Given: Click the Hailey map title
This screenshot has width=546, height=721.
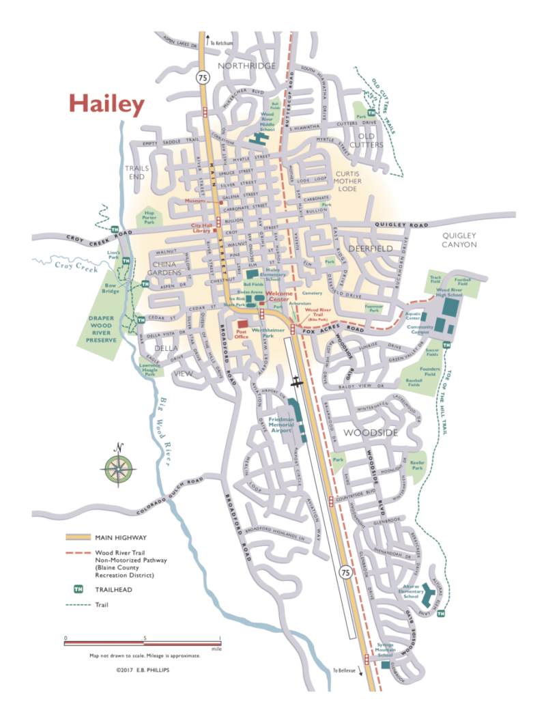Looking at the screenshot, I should (106, 104).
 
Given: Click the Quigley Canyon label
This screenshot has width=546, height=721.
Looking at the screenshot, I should (459, 240).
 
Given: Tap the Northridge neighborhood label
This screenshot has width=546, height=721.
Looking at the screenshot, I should (246, 66).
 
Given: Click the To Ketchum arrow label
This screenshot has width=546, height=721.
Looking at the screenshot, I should (222, 43).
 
